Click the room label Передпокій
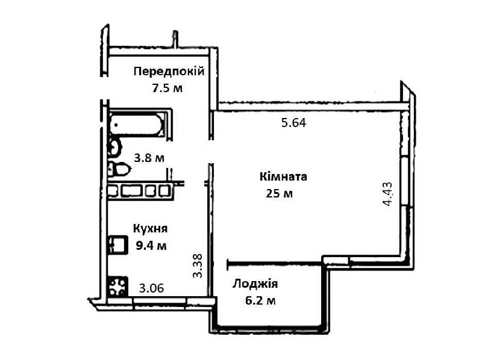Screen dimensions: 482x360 [x=169, y=72]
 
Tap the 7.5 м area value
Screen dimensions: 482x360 [x=167, y=88]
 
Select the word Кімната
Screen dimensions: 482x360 [x=283, y=177]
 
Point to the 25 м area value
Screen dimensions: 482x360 [x=279, y=194]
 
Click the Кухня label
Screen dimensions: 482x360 [x=150, y=229]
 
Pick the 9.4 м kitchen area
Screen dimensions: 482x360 [x=151, y=246]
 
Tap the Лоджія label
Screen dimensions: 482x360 [x=255, y=284]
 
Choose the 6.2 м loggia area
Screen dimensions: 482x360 [x=260, y=300]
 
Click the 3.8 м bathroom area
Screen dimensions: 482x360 [x=149, y=158]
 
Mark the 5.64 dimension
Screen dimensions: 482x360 [x=294, y=123]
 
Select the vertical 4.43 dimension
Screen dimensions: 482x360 [x=387, y=193]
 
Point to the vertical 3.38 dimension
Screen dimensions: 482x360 [x=198, y=265]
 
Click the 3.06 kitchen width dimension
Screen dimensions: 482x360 [x=152, y=288]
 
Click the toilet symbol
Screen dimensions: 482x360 [x=119, y=169]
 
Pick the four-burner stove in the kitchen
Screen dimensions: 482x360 [x=117, y=287]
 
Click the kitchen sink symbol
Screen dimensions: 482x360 [x=117, y=244]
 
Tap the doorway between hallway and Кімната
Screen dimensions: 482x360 [x=211, y=152]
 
